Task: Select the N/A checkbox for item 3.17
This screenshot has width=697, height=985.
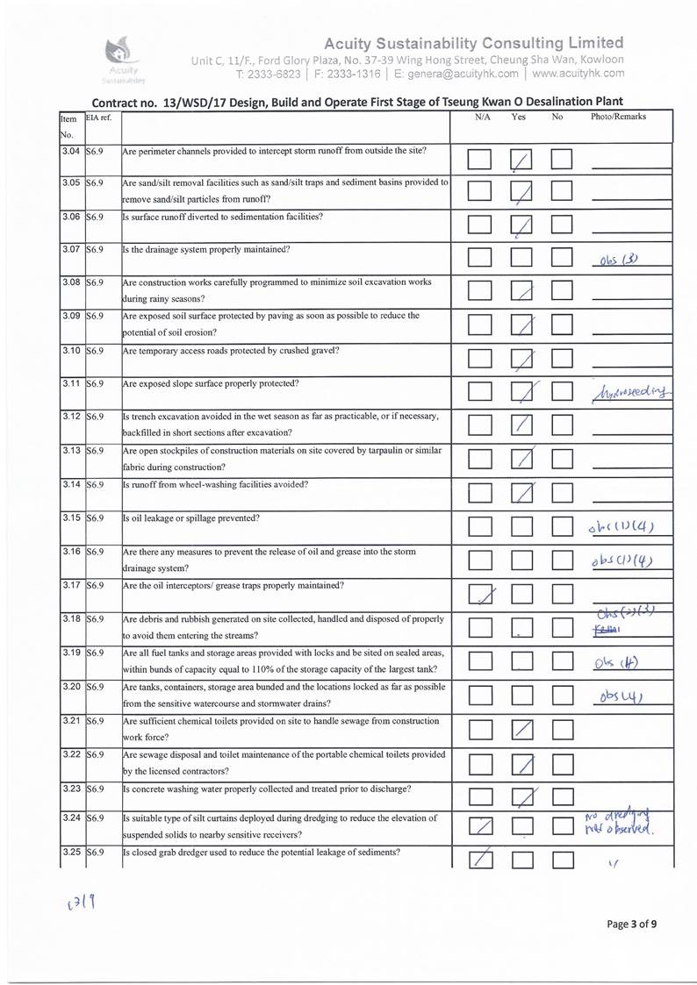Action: [x=479, y=595]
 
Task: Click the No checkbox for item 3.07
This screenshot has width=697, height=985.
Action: [x=561, y=257]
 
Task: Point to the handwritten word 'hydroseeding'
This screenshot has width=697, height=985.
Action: [x=635, y=389]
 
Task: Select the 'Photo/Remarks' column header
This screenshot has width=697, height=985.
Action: [x=618, y=117]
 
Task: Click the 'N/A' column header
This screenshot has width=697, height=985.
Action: [x=482, y=117]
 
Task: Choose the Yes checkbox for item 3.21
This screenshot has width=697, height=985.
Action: [x=521, y=730]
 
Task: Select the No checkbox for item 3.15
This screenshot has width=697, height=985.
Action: [x=561, y=527]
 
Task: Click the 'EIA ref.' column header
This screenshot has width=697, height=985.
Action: [x=98, y=117]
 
